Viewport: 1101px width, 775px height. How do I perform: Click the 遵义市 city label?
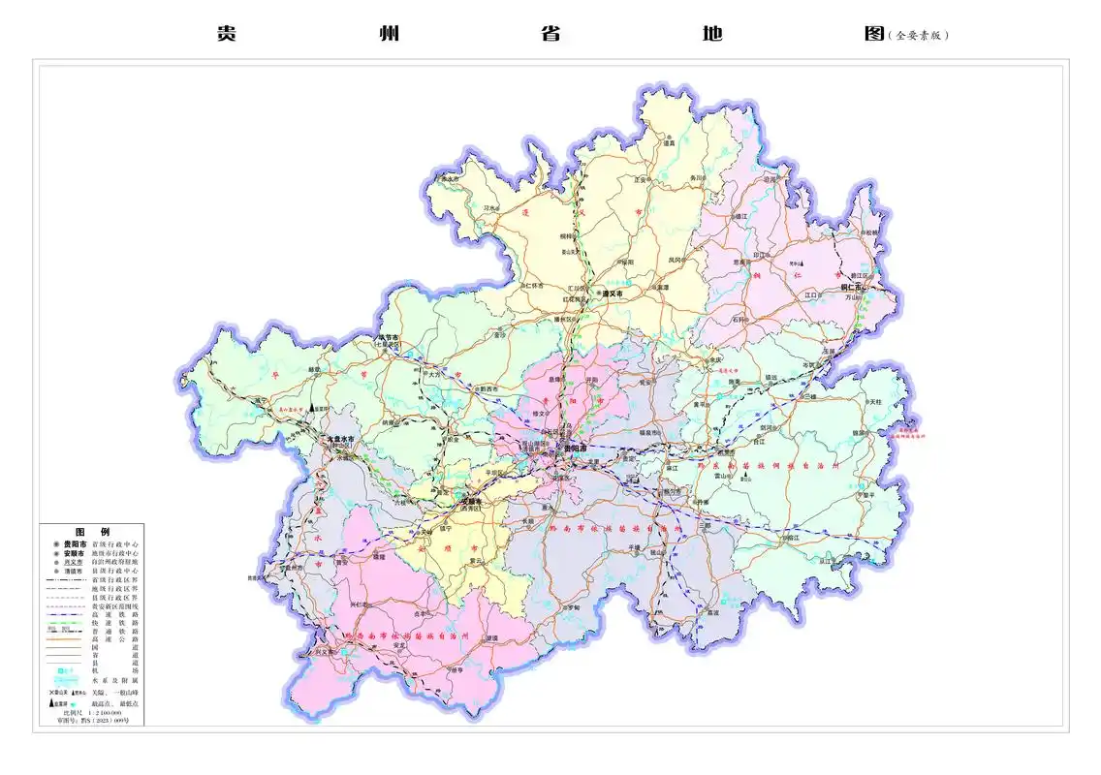613,294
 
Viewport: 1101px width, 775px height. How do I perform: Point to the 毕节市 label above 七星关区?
388,337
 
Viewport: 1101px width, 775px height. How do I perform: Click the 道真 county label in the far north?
669,143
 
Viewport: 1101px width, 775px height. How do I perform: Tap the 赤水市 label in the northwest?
449,179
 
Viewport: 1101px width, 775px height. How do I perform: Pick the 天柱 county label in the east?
875,401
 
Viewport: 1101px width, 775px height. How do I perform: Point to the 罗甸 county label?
573,607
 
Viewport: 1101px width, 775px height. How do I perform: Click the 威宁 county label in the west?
260,400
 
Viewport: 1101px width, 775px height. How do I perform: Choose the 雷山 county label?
722,476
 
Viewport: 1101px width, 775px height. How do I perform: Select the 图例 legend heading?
92,533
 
